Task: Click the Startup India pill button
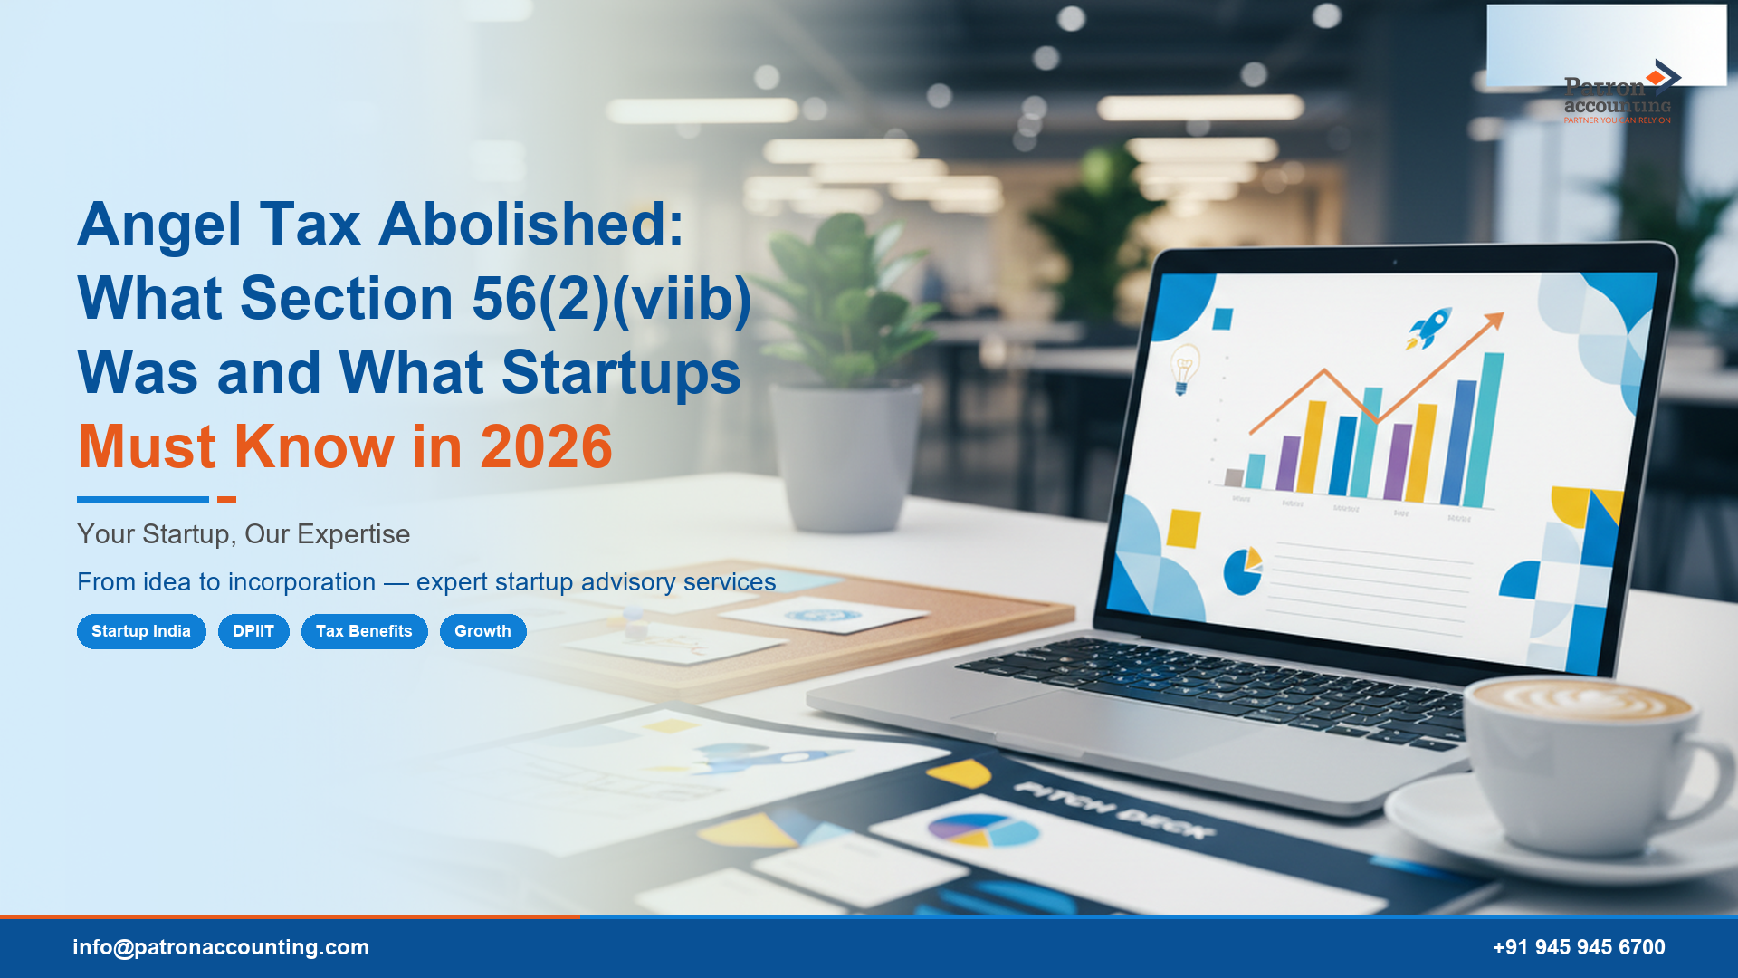141,631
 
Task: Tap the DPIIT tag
253,631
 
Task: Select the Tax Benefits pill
364,631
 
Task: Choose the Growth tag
482,631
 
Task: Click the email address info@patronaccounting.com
221,947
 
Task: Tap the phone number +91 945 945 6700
1579,947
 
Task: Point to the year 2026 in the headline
546,446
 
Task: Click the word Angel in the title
159,225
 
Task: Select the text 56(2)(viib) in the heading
612,299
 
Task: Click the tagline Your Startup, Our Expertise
244,534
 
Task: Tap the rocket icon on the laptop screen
1429,327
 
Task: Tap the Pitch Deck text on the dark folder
1113,810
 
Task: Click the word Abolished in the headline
531,225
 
